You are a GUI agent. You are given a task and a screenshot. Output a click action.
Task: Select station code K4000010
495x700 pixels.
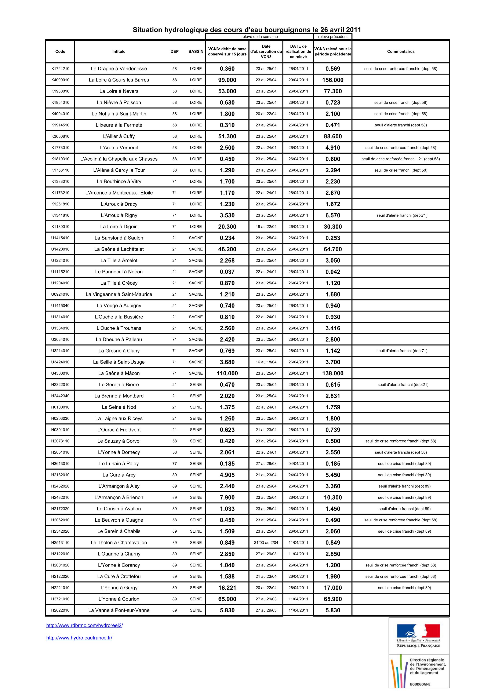(60, 80)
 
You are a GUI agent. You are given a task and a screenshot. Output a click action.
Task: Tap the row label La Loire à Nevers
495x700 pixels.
(119, 91)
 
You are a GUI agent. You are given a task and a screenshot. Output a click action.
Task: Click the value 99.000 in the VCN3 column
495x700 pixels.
(227, 80)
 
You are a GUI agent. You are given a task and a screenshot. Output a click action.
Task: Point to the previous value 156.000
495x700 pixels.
(333, 80)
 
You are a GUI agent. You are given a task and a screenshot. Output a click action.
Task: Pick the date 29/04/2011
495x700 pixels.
(298, 80)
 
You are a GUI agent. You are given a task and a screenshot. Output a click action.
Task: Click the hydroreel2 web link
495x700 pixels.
(84, 625)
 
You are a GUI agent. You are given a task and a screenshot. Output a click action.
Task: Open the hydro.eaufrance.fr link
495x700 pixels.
(79, 638)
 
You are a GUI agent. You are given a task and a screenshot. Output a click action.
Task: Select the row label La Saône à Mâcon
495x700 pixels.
(119, 373)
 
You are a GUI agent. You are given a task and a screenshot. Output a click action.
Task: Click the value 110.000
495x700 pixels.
(227, 373)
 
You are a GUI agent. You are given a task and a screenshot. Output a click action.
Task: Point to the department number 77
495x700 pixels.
(174, 463)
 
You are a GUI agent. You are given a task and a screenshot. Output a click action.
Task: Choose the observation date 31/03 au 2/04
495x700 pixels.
(266, 542)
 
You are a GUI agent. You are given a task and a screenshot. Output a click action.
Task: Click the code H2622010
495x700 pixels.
(60, 610)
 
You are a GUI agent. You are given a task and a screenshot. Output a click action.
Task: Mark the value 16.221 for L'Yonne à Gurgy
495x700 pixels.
(227, 587)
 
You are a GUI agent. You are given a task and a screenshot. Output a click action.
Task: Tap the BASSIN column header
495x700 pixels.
(196, 51)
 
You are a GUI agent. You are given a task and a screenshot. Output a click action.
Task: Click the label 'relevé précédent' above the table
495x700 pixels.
(333, 37)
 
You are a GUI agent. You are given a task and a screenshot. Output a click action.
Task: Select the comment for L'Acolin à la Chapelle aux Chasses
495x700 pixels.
(400, 159)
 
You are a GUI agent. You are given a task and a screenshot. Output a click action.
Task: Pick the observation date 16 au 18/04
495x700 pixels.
(266, 362)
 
